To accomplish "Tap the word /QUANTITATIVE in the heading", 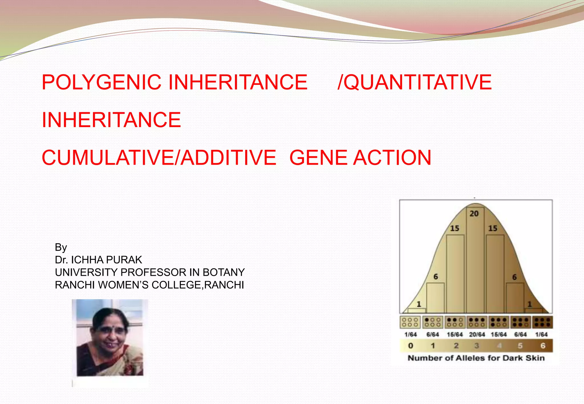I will (415, 82).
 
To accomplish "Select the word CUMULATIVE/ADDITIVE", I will (159, 158).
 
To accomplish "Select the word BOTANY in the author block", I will (224, 272).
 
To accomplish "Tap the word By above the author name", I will (61, 247).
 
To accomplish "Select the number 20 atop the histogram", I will (474, 214).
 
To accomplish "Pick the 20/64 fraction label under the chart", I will (477, 334).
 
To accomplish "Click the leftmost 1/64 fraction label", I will (410, 334).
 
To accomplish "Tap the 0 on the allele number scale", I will (411, 346).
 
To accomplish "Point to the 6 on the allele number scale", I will (543, 346).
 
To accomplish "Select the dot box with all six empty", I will (410, 322).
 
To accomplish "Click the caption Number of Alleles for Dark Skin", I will (476, 358).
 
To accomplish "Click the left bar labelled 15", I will (455, 274).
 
